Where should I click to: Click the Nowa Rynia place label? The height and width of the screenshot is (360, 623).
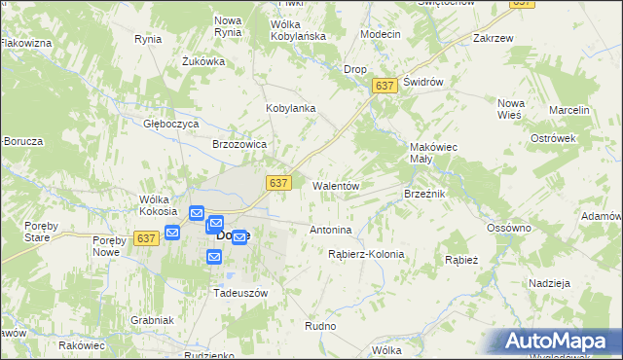tap(228, 26)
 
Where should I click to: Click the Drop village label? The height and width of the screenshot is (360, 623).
tap(355, 69)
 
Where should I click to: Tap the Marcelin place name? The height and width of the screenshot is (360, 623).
tap(569, 110)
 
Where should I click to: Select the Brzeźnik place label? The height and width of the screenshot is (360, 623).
tap(424, 194)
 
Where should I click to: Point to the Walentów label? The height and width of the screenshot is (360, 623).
tap(337, 185)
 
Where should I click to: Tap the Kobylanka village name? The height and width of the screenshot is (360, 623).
tap(291, 108)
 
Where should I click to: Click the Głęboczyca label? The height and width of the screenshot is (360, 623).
tap(171, 125)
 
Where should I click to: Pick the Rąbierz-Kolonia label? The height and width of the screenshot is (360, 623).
tap(366, 254)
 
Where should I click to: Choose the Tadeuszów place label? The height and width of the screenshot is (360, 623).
tap(240, 292)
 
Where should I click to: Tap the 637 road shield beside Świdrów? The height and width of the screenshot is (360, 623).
tap(385, 87)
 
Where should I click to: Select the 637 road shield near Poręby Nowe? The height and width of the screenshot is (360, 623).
tap(147, 237)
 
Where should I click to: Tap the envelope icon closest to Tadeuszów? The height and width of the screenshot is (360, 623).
tap(214, 256)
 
